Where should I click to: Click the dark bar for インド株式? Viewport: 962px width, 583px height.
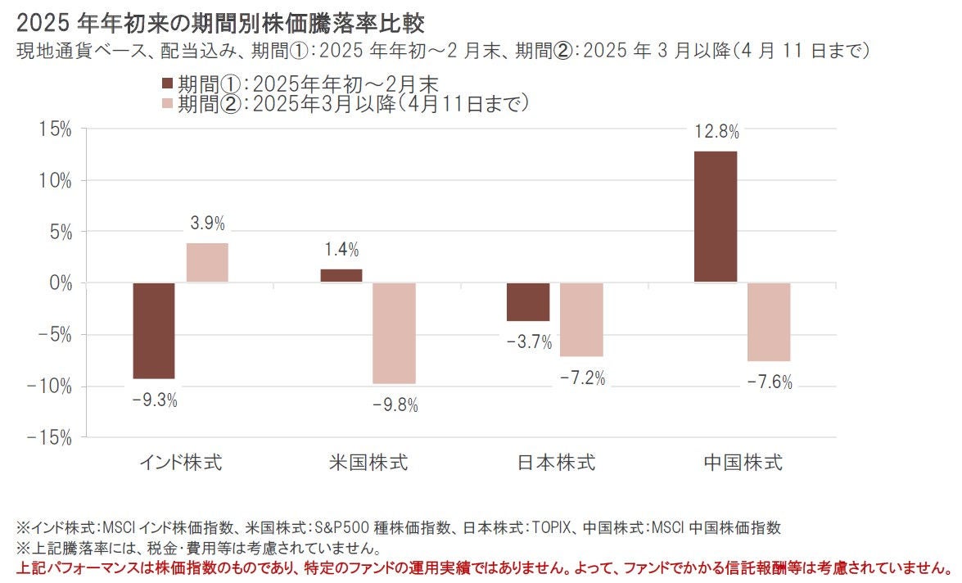154,331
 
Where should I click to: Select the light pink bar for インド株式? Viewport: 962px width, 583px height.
207,263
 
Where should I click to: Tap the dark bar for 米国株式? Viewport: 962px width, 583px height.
341,276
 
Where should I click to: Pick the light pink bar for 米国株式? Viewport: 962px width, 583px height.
395,333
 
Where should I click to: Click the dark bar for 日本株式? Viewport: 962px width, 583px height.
528,302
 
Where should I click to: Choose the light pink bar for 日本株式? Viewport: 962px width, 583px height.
581,320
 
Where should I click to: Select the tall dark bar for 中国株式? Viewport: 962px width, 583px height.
716,217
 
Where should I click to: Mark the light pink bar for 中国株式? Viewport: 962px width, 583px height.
769,322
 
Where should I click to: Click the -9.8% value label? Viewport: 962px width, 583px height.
395,405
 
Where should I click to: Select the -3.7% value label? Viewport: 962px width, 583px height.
529,342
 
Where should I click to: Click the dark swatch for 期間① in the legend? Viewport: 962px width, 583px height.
168,84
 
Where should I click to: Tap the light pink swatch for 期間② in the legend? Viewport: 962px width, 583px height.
168,104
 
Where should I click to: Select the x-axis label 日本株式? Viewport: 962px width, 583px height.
556,463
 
